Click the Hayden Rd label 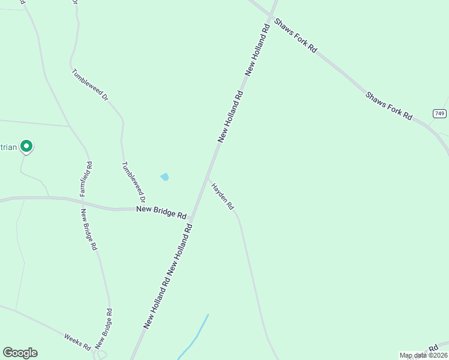coord(223,196)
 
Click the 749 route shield coord(439,113)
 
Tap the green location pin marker coord(26,145)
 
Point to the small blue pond coord(164,177)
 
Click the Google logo coord(20,353)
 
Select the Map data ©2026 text coord(424,355)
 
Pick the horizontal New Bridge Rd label coord(161,211)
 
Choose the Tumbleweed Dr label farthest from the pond coord(89,84)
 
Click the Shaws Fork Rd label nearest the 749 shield coord(389,106)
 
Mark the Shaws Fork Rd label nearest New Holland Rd coord(295,35)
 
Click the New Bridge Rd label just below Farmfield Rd coord(88,229)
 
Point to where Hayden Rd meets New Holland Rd coord(208,178)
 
